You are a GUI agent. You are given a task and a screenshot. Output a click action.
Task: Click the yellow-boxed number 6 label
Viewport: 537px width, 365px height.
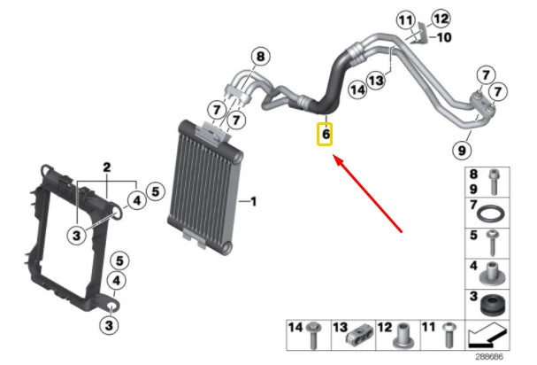tap(326, 134)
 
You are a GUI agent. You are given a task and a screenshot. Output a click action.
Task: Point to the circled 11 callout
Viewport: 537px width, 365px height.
tap(406, 20)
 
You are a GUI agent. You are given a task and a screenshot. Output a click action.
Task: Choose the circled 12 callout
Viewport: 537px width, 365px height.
tap(440, 18)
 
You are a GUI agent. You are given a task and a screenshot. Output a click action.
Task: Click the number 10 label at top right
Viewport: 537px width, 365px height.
tap(444, 37)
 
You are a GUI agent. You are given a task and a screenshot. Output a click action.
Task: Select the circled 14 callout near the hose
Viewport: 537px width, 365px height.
tap(357, 89)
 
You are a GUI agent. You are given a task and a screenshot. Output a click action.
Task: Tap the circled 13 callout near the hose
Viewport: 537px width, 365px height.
tap(377, 81)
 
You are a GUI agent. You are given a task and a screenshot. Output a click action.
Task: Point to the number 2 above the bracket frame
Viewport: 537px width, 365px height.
tap(107, 166)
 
